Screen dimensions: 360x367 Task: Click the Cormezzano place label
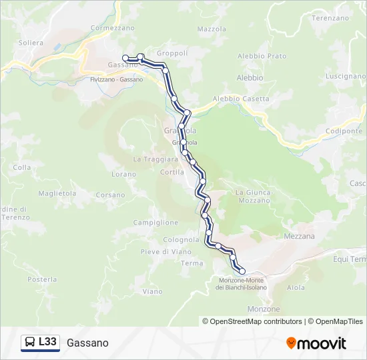coord(112,28)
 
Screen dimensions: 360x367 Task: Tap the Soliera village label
coord(31,43)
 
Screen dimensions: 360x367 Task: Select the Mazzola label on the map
coord(212,29)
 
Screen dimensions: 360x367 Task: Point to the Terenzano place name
coord(330,18)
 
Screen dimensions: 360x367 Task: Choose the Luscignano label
coord(345,76)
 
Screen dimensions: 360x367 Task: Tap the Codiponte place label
coord(345,131)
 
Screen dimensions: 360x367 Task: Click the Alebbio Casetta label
coord(241,99)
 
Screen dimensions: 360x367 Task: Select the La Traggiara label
coord(155,159)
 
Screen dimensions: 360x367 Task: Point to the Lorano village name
coord(123,174)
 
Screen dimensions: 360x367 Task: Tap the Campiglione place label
coord(155,222)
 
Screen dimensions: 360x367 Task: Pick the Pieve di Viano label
coord(156,251)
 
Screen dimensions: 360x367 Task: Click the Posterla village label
coord(42,279)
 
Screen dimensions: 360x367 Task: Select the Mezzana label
coord(299,236)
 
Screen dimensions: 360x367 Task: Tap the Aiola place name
coord(296,287)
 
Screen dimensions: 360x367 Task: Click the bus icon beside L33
coord(30,343)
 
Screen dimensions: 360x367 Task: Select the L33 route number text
coord(47,342)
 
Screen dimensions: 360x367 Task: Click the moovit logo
coord(316,343)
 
